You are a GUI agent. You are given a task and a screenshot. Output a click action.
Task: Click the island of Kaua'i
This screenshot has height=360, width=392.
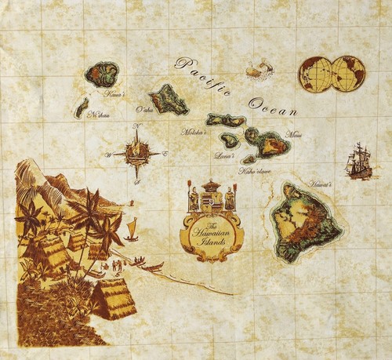pos(101,75)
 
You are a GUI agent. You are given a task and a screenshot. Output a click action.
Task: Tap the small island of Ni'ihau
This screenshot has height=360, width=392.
pos(81,107)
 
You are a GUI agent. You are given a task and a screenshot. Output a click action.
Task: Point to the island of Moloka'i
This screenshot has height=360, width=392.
pos(226,121)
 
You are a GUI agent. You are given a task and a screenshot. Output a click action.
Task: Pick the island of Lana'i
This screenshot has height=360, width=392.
pos(229,140)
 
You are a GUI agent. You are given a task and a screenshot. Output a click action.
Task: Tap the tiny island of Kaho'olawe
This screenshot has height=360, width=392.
pos(249,158)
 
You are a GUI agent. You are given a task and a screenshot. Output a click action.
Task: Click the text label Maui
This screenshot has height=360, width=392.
pos(293,136)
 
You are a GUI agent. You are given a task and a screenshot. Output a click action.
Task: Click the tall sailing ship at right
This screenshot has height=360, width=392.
pos(359,162)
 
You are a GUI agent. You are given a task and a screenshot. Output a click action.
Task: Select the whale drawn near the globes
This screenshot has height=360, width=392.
pos(259,71)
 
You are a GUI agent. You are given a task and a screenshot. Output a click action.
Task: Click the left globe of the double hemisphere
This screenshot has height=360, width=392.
pos(315,74)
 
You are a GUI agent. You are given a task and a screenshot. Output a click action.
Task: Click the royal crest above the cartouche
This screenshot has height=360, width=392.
pos(210,196)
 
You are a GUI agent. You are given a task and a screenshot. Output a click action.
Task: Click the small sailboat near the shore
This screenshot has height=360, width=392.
pos(131,229)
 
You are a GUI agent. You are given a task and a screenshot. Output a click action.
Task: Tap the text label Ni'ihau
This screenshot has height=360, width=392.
pos(98,115)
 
